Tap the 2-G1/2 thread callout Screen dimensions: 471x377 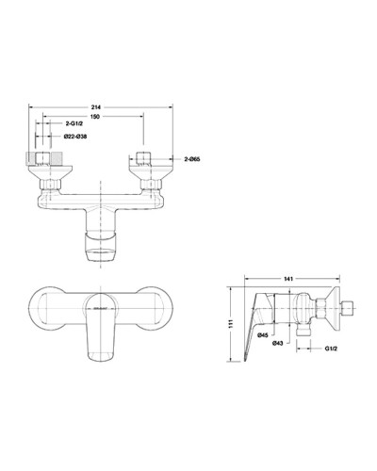click(79, 123)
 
